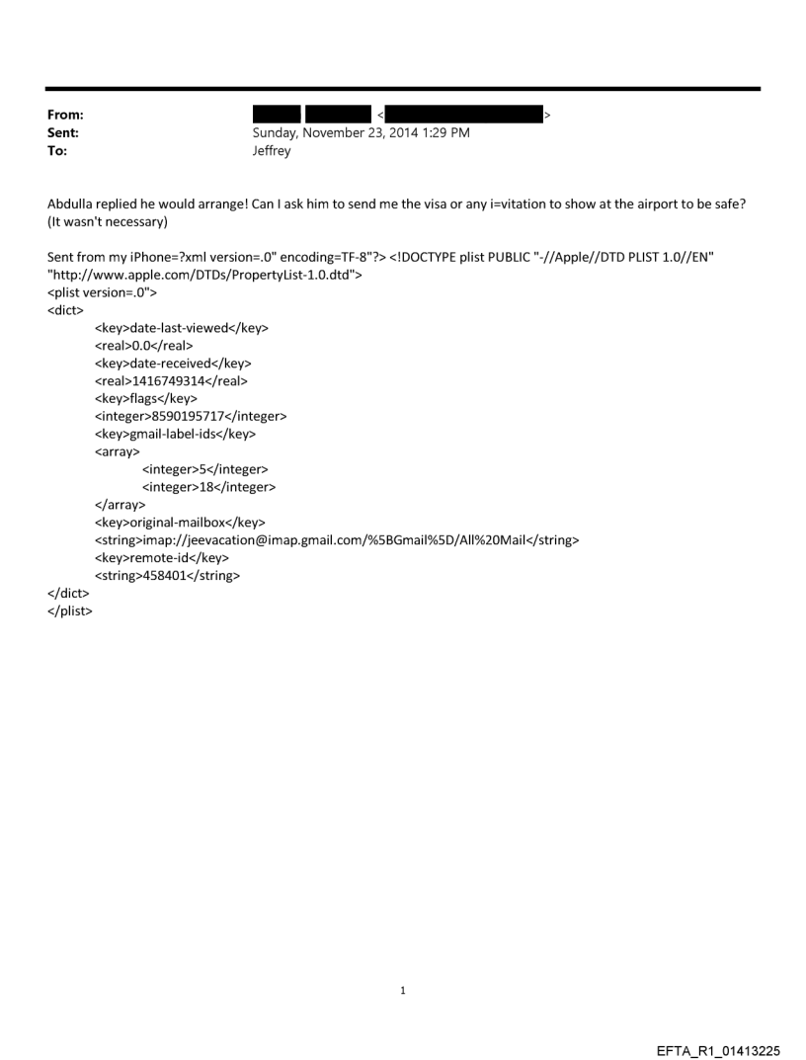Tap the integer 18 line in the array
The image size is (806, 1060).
pyautogui.click(x=208, y=487)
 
